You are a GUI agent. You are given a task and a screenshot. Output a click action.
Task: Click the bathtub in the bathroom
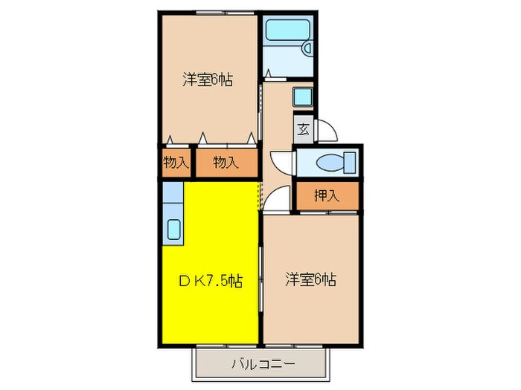click(x=287, y=32)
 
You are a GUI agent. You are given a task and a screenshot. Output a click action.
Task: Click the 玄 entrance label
click(x=303, y=129)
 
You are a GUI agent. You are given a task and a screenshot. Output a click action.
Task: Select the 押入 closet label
click(x=326, y=196)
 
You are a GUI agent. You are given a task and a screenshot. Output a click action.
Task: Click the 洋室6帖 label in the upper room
click(x=208, y=79)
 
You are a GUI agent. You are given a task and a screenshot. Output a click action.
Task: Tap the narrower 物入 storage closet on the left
click(x=176, y=162)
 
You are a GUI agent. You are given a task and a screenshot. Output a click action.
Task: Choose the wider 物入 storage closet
click(x=226, y=162)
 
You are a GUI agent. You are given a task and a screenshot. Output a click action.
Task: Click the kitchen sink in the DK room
click(x=173, y=230)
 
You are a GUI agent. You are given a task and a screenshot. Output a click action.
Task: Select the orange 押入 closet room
click(x=326, y=196)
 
